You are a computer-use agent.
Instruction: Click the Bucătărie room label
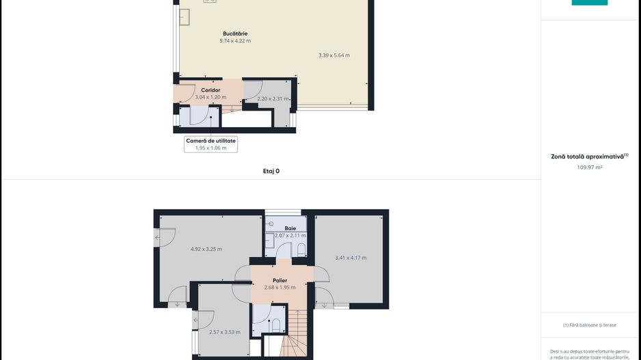[235, 33]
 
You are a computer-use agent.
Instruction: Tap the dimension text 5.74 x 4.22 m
[235, 41]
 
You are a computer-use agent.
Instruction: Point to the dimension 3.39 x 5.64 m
[334, 55]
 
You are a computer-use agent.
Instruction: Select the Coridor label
[210, 90]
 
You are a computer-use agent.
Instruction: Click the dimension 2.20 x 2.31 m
[273, 98]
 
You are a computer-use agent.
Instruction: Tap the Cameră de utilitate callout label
[211, 141]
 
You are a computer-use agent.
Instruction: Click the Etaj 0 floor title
[271, 171]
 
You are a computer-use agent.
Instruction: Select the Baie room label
[290, 228]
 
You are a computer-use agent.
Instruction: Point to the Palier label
[279, 280]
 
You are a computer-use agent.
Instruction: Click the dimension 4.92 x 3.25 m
[206, 249]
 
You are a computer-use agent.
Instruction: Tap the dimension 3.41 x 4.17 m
[351, 258]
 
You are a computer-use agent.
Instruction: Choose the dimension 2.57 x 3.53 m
[225, 332]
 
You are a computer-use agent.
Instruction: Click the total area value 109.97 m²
[590, 167]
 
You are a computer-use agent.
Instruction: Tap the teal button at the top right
[590, 3]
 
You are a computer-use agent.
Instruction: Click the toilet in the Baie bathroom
[301, 249]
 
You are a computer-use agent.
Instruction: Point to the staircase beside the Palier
[294, 333]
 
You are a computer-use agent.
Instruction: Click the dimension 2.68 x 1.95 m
[279, 288]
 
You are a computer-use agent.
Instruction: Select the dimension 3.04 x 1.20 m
[210, 97]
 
